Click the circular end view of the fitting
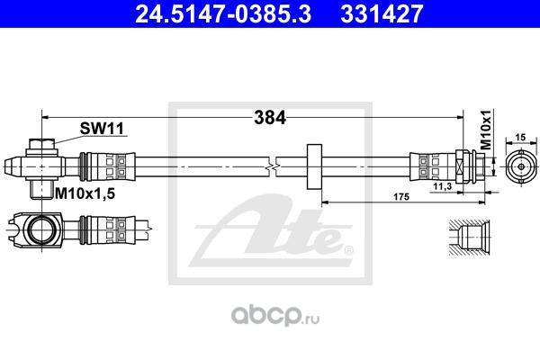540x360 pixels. tap(519, 166)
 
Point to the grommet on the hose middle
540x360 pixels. tap(314, 166)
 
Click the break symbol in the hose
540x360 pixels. tap(272, 166)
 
